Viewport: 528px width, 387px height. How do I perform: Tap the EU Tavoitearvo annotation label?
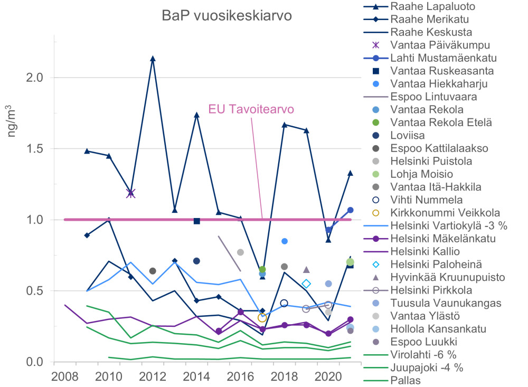tap(251, 109)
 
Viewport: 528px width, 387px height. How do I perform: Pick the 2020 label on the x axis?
tap(327, 376)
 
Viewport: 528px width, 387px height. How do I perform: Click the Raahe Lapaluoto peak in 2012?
tap(153, 59)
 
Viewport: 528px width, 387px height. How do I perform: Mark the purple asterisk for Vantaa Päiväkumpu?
tap(131, 193)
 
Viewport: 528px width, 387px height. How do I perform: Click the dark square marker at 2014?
tap(197, 221)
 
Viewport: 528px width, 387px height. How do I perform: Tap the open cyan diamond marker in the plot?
tap(306, 284)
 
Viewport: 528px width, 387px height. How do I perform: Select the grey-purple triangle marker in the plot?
tap(306, 270)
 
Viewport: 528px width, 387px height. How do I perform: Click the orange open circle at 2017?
tap(262, 317)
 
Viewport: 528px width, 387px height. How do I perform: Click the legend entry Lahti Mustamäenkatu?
tap(442, 58)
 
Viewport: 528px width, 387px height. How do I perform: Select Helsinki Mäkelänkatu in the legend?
tap(442, 239)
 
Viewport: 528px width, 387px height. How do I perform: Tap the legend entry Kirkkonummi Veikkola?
tap(445, 213)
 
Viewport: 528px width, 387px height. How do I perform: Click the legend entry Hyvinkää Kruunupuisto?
tap(447, 277)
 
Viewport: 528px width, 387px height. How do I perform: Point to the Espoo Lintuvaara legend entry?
tap(435, 97)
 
